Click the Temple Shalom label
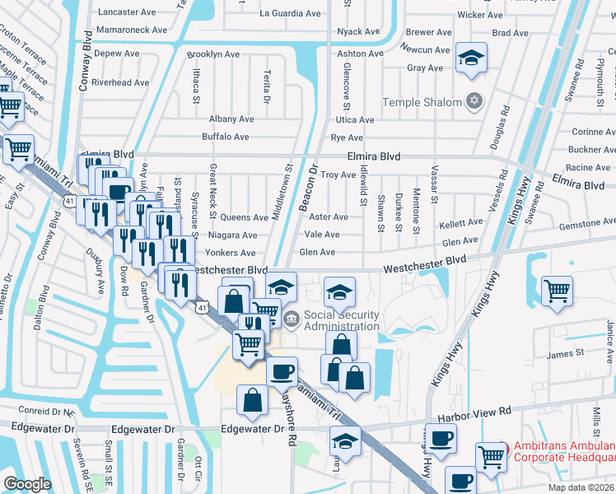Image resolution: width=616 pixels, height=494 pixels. click(x=422, y=103)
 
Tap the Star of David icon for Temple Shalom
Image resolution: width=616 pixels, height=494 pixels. click(x=473, y=102)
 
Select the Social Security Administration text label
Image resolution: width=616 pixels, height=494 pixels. click(x=342, y=320)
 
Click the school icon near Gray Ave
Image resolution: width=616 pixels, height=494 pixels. click(x=471, y=58)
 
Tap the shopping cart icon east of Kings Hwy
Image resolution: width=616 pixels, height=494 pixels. click(x=558, y=290)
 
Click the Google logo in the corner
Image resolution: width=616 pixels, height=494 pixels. click(x=27, y=484)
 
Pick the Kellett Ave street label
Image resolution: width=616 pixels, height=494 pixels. click(x=461, y=223)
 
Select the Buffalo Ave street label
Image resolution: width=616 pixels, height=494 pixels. click(x=226, y=137)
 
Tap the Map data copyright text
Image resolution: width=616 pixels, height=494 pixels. click(x=581, y=487)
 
